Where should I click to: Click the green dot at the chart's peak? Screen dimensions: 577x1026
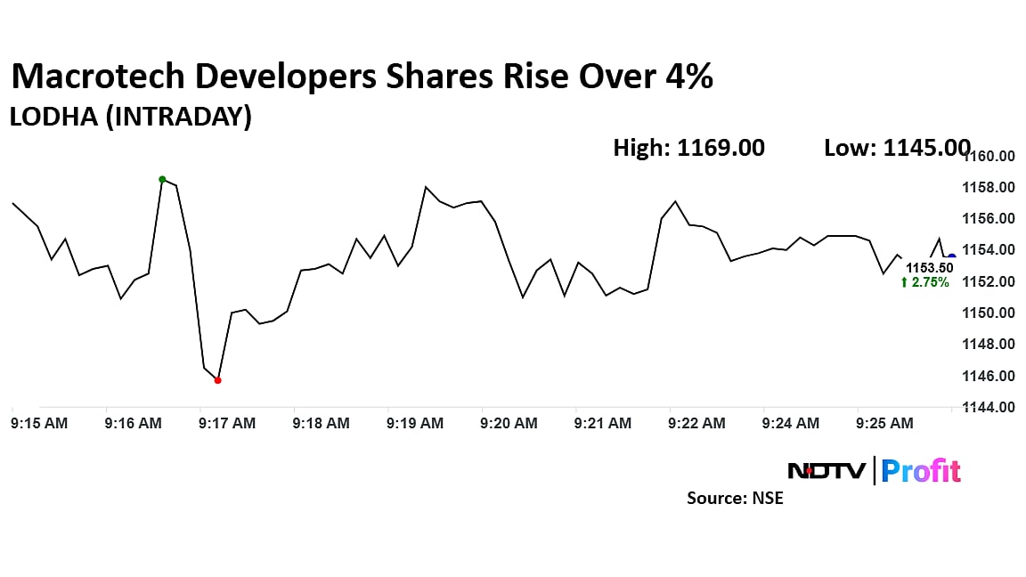162,179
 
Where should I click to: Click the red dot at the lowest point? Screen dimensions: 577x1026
218,380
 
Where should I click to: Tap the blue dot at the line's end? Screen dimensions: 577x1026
952,257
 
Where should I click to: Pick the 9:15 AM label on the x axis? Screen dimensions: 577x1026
39,424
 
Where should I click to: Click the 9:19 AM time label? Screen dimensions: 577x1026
415,424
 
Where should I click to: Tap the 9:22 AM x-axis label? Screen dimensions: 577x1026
697,424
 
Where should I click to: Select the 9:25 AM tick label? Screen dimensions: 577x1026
884,424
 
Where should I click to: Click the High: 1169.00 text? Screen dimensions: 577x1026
688,148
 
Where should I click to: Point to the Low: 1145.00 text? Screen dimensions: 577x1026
897,148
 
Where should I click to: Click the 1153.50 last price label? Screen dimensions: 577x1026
929,267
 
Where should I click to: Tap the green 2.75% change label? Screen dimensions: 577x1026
925,282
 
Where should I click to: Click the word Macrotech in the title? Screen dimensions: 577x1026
98,77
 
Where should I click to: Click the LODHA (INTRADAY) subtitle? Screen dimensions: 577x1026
130,117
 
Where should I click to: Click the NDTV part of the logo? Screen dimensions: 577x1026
826,471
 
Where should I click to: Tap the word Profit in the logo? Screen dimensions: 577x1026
921,471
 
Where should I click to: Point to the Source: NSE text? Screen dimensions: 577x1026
735,499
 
